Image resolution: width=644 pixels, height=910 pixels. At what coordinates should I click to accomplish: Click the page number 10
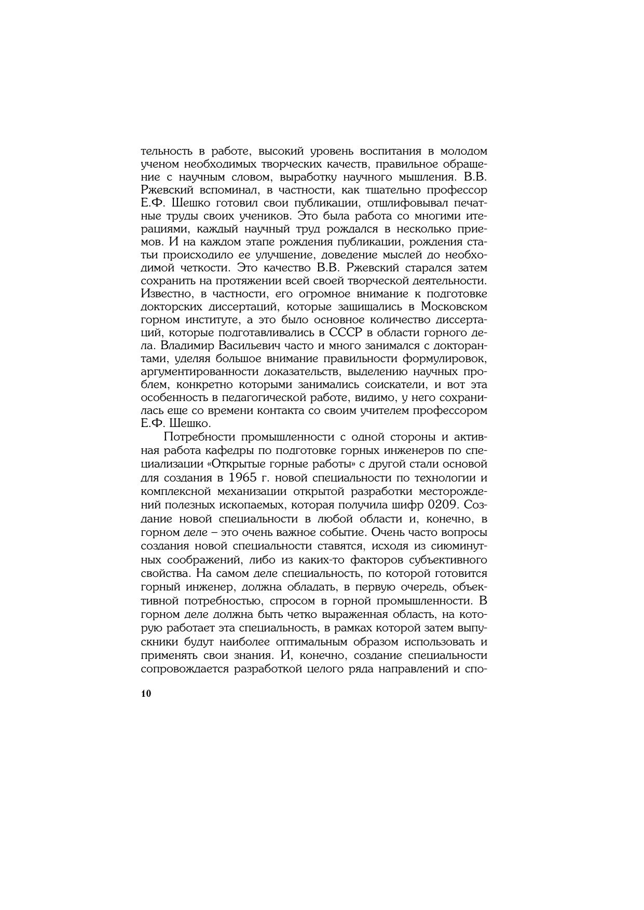click(x=146, y=694)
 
